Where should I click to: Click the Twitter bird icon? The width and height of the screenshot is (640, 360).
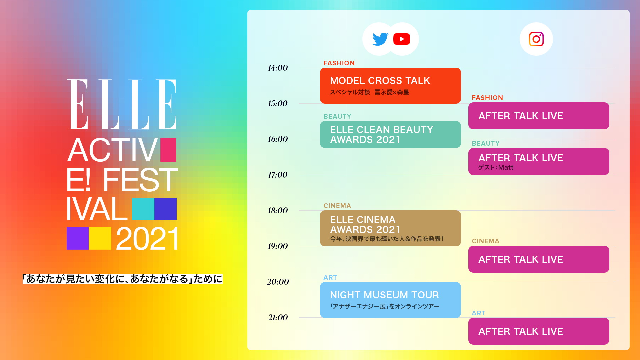[x=380, y=39]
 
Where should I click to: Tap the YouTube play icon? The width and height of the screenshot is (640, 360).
[x=402, y=39]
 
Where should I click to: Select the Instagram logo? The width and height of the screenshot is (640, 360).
[x=536, y=39]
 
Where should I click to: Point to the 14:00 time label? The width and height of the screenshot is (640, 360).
[x=278, y=68]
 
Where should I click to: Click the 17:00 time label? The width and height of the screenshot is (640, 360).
[x=278, y=175]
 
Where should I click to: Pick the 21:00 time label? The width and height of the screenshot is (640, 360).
[x=278, y=318]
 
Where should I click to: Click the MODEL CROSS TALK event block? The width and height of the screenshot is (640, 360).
[x=390, y=86]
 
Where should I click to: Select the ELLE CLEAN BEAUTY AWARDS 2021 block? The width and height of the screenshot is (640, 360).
[x=390, y=134]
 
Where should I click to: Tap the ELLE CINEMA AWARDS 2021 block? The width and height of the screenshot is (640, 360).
[x=390, y=228]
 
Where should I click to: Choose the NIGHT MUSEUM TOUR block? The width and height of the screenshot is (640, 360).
[x=390, y=300]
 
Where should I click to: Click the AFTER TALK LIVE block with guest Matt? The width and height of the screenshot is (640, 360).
[x=539, y=161]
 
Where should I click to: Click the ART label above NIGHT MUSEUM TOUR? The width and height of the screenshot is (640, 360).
[x=330, y=277]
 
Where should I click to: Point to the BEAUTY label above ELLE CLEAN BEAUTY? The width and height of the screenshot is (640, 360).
[x=337, y=116]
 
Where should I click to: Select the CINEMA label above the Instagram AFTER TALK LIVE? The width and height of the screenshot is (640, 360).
[x=485, y=241]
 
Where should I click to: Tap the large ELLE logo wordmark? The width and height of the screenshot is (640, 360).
[x=122, y=104]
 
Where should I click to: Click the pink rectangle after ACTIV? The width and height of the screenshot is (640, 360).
[x=168, y=150]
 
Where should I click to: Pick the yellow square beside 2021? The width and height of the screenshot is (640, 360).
[x=100, y=238]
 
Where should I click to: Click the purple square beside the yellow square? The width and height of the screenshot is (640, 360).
[x=78, y=238]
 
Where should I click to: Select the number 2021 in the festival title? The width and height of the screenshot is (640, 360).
[x=147, y=239]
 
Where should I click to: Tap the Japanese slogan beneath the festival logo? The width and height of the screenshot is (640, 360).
[x=122, y=279]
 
